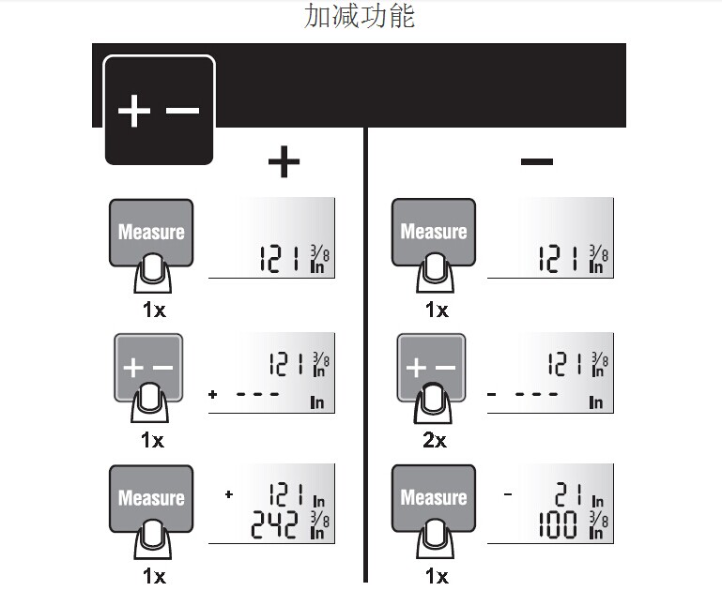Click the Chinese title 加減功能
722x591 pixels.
tap(360, 17)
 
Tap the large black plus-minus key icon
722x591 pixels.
tap(159, 110)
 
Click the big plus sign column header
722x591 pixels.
tap(284, 161)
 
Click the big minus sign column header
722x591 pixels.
tap(536, 161)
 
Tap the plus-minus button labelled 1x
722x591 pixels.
tap(148, 367)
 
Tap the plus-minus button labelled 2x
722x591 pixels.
tap(431, 367)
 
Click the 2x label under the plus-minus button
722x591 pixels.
tap(435, 441)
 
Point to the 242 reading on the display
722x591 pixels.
tap(274, 524)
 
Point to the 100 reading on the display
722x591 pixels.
tap(558, 524)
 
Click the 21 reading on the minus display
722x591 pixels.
tap(568, 495)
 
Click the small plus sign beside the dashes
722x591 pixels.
tap(212, 394)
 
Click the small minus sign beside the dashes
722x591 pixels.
tap(492, 394)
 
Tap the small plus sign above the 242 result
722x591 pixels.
tap(229, 494)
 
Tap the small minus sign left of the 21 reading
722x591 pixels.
tap(508, 494)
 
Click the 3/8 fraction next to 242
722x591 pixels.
tap(320, 519)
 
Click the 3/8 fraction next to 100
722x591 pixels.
tap(599, 519)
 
